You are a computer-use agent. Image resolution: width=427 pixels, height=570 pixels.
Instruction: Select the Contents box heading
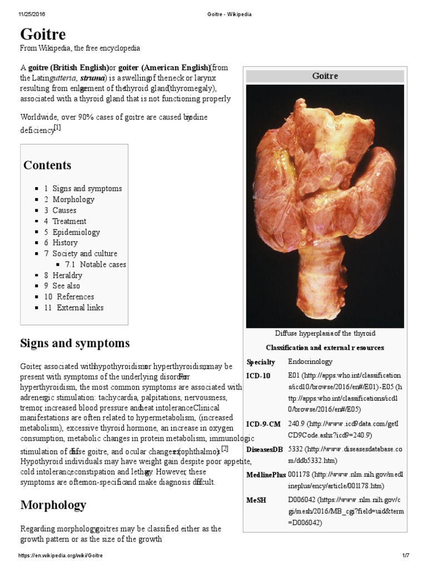click(47, 165)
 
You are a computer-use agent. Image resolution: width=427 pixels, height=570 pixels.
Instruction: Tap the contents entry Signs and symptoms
click(87, 189)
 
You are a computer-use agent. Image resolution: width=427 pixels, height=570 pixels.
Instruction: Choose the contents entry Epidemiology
click(76, 232)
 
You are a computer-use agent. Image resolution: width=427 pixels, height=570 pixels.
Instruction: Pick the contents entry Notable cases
click(103, 264)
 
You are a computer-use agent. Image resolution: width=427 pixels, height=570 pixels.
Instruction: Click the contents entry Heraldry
click(67, 275)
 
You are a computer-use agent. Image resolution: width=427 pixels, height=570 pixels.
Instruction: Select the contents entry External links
click(80, 307)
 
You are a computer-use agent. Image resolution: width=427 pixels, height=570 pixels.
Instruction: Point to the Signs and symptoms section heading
click(75, 343)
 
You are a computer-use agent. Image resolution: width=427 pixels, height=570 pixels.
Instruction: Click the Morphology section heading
click(53, 505)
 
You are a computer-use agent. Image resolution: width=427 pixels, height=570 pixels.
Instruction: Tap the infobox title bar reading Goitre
click(325, 76)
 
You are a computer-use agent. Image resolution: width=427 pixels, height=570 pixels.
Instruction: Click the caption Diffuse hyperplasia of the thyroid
click(325, 333)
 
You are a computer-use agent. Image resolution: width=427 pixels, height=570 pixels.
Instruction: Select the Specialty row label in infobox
click(261, 362)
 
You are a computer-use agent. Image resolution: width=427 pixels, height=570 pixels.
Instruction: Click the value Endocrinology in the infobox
click(310, 362)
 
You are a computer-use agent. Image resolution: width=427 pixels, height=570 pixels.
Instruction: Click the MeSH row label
click(256, 500)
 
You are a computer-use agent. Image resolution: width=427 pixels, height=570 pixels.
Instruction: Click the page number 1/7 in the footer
click(405, 556)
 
